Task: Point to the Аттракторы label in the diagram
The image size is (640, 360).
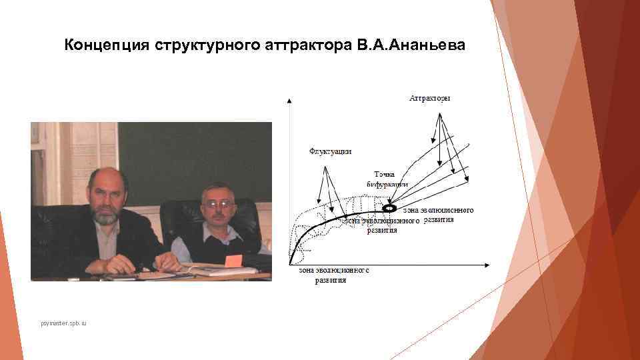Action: pos(430,99)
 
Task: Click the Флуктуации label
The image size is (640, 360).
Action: pos(331,151)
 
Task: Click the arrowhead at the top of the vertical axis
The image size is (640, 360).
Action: pos(289,101)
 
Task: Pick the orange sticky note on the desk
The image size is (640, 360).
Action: pos(233,261)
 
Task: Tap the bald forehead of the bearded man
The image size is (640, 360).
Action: pos(106,178)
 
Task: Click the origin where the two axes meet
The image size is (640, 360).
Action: pos(289,265)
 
